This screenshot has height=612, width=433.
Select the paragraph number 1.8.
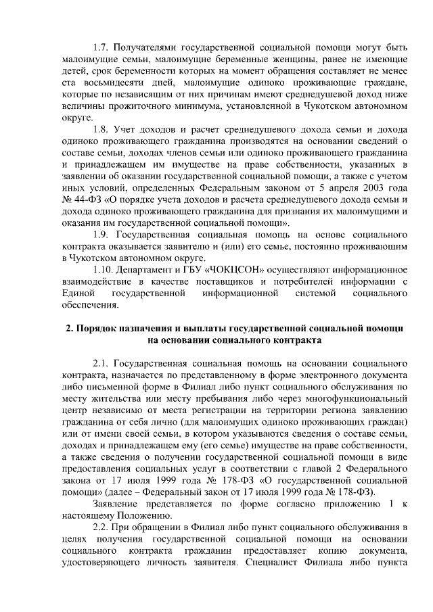[101, 129]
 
